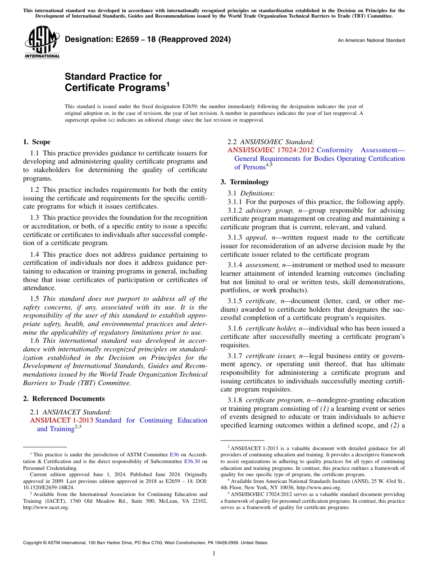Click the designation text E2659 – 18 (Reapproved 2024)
[x=148, y=39]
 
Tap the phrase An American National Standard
[x=371, y=41]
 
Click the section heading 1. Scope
[x=36, y=142]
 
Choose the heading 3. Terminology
[x=245, y=182]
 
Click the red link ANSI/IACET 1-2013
[x=61, y=420]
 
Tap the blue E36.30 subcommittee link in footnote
[x=192, y=461]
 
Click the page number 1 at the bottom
[x=214, y=554]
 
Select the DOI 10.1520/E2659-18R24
[x=49, y=487]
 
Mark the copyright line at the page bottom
[x=145, y=543]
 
